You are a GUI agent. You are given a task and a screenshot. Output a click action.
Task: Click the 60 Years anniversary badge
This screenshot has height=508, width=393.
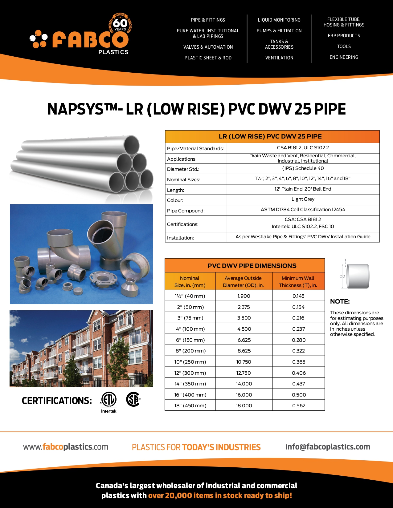click(120, 24)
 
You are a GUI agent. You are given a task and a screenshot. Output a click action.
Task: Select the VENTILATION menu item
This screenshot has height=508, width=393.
click(279, 58)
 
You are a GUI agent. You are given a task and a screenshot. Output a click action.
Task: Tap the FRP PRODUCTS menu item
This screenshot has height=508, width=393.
click(344, 36)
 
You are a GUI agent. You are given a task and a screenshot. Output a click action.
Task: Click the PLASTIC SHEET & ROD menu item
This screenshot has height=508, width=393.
click(208, 58)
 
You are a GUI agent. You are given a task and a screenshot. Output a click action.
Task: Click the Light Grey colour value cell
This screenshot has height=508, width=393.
click(303, 199)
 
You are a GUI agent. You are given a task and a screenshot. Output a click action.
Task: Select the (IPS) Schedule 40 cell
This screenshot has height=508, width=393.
click(303, 168)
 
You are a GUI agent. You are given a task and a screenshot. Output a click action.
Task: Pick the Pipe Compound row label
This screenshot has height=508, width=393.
click(186, 211)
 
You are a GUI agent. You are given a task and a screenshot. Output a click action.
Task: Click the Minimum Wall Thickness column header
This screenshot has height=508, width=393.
click(298, 282)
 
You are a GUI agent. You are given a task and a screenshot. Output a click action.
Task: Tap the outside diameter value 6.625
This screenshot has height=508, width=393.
click(244, 340)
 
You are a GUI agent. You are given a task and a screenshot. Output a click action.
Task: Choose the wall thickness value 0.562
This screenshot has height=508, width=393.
click(298, 406)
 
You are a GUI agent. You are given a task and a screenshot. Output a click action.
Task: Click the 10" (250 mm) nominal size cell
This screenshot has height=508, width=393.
click(190, 362)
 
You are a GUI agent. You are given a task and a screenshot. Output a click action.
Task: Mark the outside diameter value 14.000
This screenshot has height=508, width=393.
click(244, 384)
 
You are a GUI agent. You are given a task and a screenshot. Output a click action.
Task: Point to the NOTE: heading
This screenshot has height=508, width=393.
click(340, 302)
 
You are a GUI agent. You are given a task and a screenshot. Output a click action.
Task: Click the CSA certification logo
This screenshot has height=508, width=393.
click(133, 399)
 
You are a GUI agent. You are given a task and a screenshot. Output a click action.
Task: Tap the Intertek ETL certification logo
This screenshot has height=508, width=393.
click(108, 401)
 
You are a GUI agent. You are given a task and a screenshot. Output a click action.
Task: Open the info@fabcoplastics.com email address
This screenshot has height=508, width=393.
click(328, 447)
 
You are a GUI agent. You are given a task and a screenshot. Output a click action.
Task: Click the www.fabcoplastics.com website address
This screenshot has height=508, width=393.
click(66, 447)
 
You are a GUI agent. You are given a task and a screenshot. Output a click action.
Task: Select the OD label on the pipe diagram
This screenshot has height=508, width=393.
click(342, 276)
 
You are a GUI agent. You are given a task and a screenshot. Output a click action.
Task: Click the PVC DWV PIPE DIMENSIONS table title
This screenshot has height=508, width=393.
click(252, 266)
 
